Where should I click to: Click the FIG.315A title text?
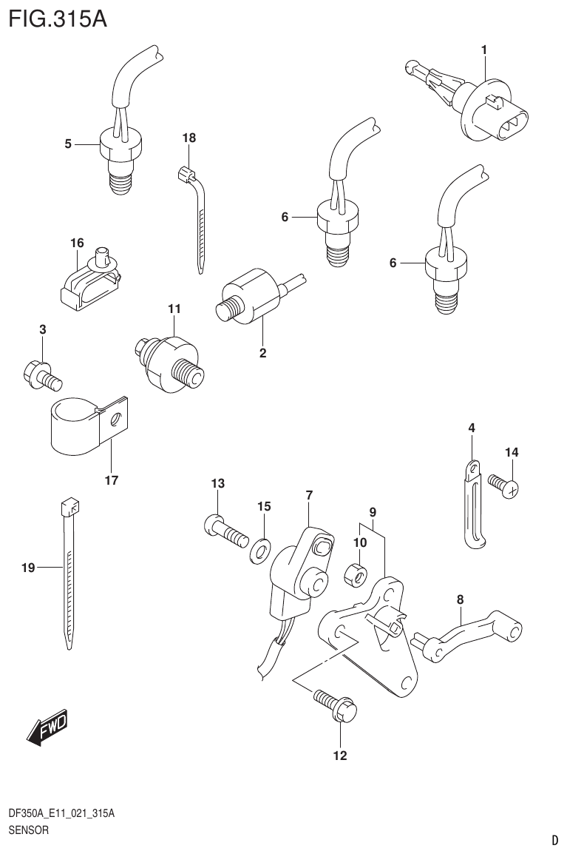click(58, 18)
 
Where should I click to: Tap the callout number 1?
click(483, 50)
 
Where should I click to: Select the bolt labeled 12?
click(336, 704)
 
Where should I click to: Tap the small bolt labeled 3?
click(44, 372)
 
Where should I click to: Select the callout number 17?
click(111, 480)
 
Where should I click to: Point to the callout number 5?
click(68, 144)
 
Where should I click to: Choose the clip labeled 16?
click(89, 283)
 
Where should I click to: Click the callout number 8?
click(460, 599)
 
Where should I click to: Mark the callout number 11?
click(173, 308)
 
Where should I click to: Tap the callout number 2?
click(262, 353)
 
